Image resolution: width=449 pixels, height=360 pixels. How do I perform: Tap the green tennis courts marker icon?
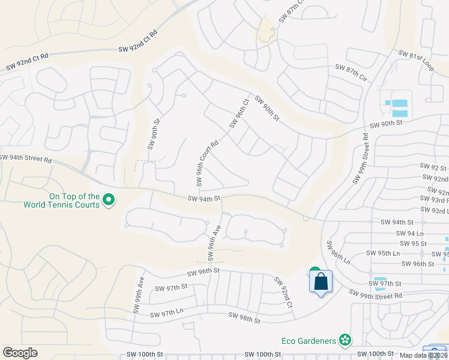109,199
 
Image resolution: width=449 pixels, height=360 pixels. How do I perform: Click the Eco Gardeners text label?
309,341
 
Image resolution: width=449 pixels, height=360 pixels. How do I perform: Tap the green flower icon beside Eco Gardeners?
345,341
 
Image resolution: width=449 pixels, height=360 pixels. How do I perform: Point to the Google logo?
20,353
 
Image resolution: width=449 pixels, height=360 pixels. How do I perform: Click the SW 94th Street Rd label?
26,158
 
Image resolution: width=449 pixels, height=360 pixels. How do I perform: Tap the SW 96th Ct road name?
238,113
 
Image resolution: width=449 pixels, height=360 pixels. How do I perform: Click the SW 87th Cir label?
351,72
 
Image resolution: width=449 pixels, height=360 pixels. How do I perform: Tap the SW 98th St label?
244,319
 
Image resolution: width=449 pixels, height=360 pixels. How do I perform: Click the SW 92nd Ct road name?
283,293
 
